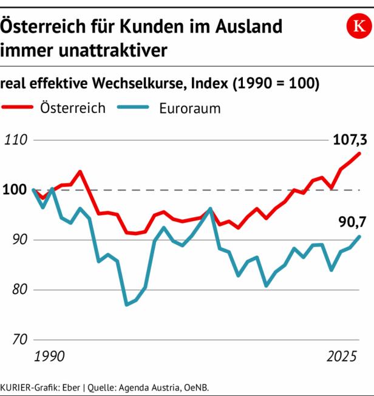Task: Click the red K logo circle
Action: [x=359, y=26]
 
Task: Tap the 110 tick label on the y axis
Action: [x=16, y=140]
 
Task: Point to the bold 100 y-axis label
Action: [x=15, y=189]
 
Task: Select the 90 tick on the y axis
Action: [x=19, y=240]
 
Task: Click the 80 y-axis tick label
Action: [x=19, y=289]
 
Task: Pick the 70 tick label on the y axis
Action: [x=19, y=339]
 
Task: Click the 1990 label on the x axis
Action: [x=49, y=356]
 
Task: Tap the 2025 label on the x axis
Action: [x=342, y=357]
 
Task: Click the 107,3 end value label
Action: [x=350, y=140]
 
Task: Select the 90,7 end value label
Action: [x=352, y=222]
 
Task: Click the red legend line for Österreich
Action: [x=17, y=107]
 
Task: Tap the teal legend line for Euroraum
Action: [x=133, y=107]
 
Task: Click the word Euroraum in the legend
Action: [x=190, y=109]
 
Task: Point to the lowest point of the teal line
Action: [x=126, y=305]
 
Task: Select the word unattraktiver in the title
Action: [x=113, y=50]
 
